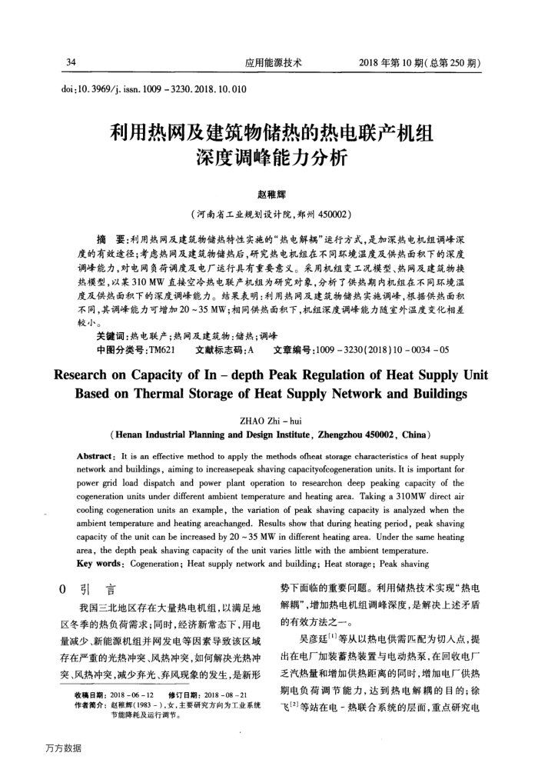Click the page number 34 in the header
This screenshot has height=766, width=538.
click(x=72, y=62)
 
